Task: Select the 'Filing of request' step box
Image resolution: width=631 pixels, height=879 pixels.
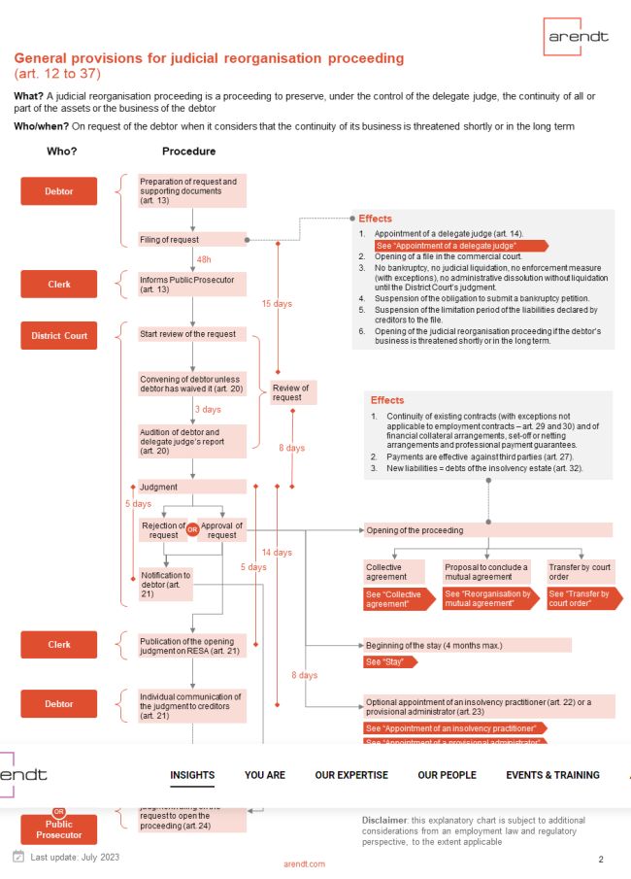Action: click(192, 239)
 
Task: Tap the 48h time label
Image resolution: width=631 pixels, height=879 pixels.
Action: click(204, 260)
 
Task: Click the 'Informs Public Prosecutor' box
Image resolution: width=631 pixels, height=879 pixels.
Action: click(192, 284)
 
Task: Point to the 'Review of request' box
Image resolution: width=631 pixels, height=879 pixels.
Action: click(290, 392)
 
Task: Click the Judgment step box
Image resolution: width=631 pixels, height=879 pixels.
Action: click(192, 487)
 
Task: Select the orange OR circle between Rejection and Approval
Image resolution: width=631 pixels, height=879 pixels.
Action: click(192, 530)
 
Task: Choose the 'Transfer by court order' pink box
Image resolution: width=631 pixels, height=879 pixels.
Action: click(580, 571)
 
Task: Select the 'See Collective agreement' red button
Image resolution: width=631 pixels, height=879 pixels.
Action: click(393, 599)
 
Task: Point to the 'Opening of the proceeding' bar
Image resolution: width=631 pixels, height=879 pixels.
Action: click(487, 530)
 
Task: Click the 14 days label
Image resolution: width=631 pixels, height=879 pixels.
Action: click(277, 553)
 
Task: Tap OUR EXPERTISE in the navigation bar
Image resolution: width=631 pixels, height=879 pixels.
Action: click(351, 775)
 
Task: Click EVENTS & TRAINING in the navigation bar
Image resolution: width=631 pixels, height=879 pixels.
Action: click(552, 775)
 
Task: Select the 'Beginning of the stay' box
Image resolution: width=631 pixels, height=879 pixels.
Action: click(466, 645)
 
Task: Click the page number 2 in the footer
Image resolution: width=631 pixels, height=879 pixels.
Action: click(601, 859)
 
